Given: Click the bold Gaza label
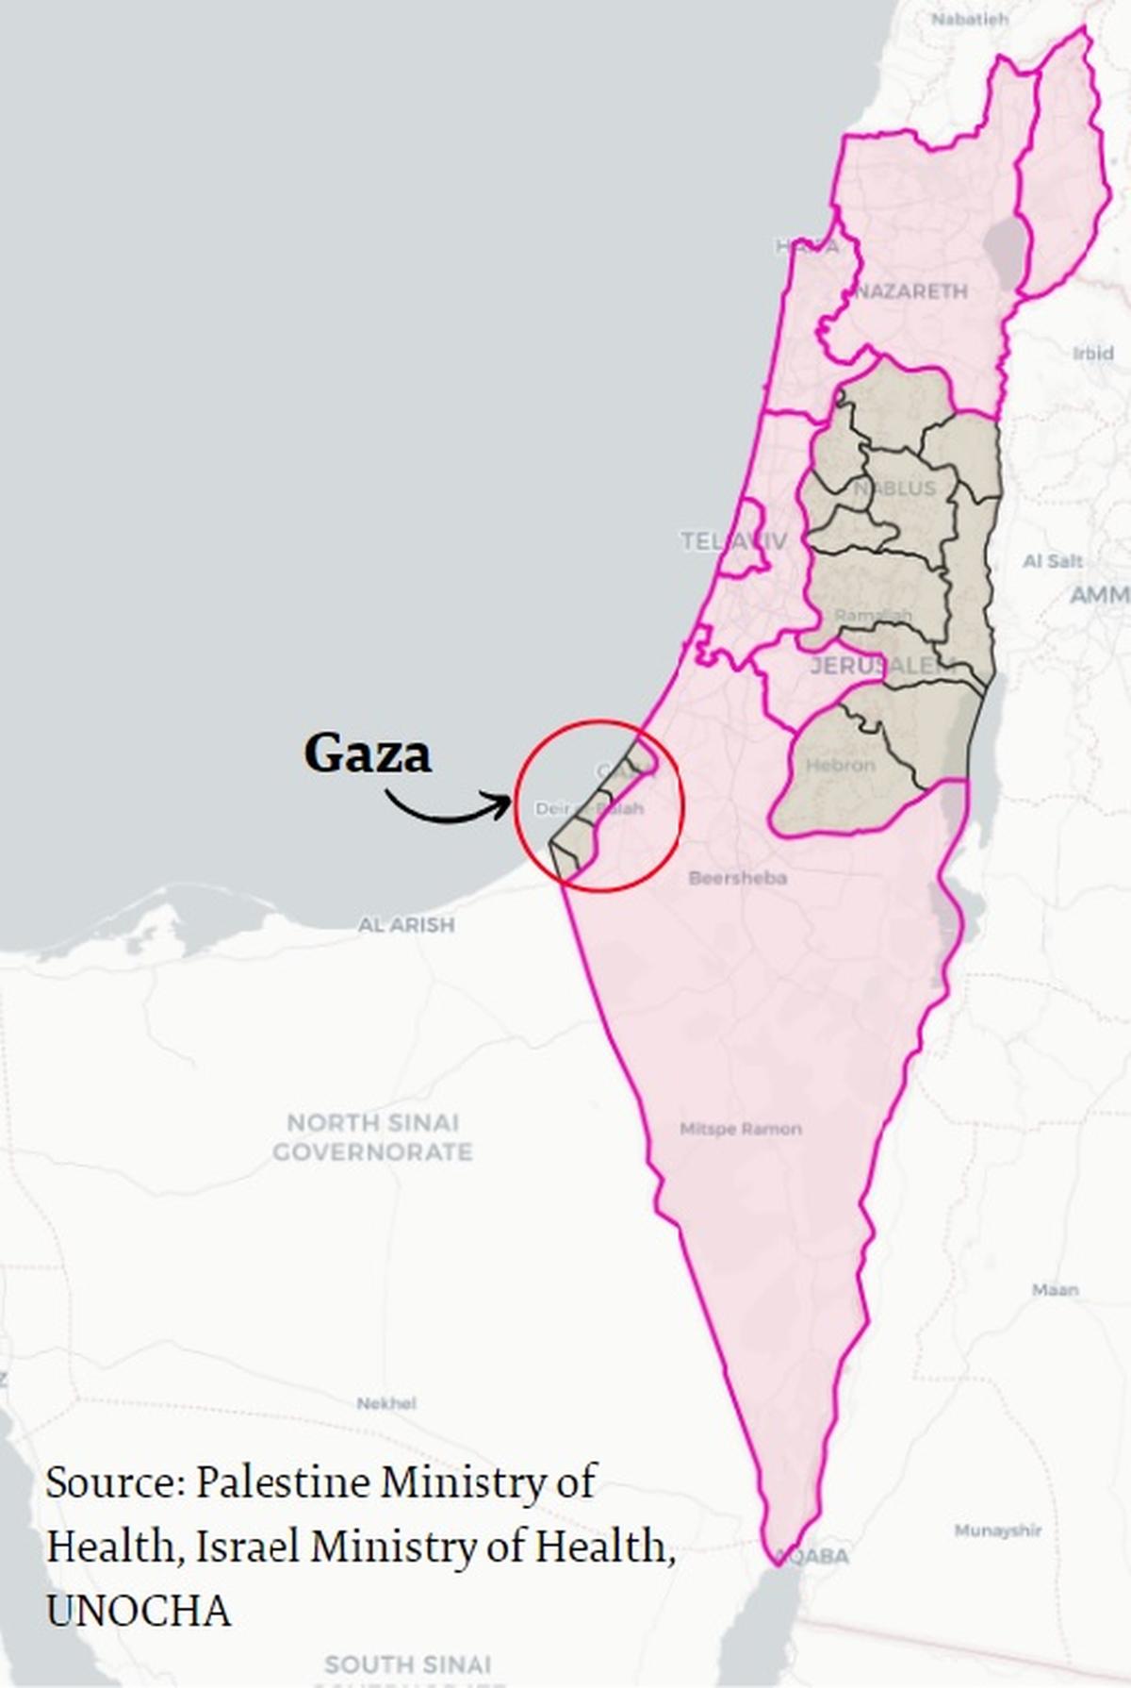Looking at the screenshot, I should click(x=368, y=753).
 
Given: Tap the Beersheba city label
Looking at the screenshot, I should click(x=737, y=878).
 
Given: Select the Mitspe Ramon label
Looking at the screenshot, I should click(x=741, y=1129).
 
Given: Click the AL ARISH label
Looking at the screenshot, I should click(x=406, y=925).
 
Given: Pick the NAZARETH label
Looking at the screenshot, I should click(x=911, y=291).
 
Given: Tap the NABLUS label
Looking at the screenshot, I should click(x=895, y=488).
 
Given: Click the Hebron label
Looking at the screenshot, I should click(x=841, y=765).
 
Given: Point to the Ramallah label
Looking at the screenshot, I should click(x=874, y=616).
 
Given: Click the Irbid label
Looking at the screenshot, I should click(x=1092, y=354).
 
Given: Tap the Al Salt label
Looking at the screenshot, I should click(x=1053, y=561).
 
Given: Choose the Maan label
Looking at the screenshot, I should click(x=1055, y=1289).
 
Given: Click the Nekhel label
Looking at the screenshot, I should click(x=386, y=1403).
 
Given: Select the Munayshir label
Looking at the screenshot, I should click(x=998, y=1530).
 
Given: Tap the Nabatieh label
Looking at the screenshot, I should click(x=970, y=18).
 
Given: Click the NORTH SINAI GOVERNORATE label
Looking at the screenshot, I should click(x=372, y=1137).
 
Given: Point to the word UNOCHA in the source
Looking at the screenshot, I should click(x=139, y=1611).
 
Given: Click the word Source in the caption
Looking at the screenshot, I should click(x=113, y=1483).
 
